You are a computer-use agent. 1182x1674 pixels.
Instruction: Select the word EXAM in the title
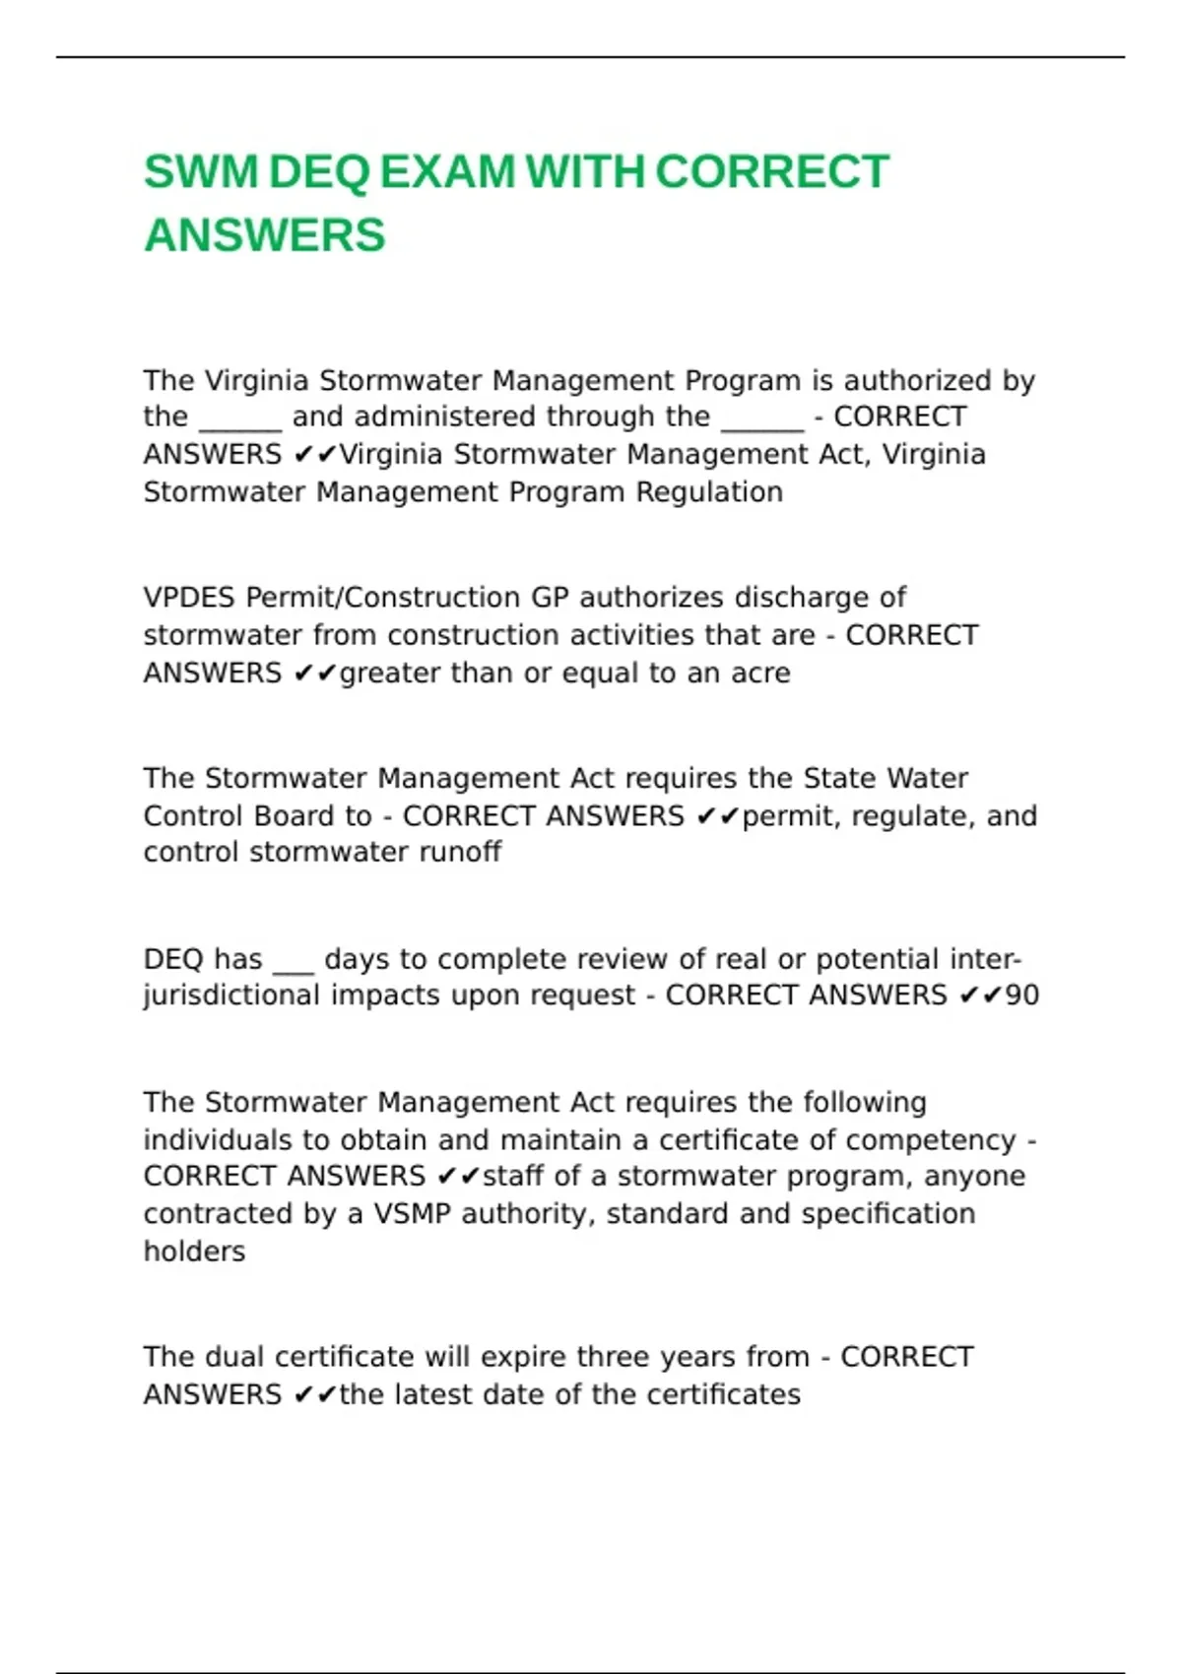point(446,172)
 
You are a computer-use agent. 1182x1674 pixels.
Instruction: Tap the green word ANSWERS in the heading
point(264,235)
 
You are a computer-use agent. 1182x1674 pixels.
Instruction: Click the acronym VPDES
point(189,598)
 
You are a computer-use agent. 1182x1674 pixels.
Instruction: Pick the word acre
point(760,674)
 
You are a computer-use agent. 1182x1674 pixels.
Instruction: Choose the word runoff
point(460,852)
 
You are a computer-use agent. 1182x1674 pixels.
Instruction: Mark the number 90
point(1021,996)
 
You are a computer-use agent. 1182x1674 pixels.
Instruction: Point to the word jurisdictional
point(232,996)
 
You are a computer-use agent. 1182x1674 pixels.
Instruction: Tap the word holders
point(194,1252)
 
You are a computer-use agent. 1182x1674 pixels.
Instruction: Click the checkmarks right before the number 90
point(980,996)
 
